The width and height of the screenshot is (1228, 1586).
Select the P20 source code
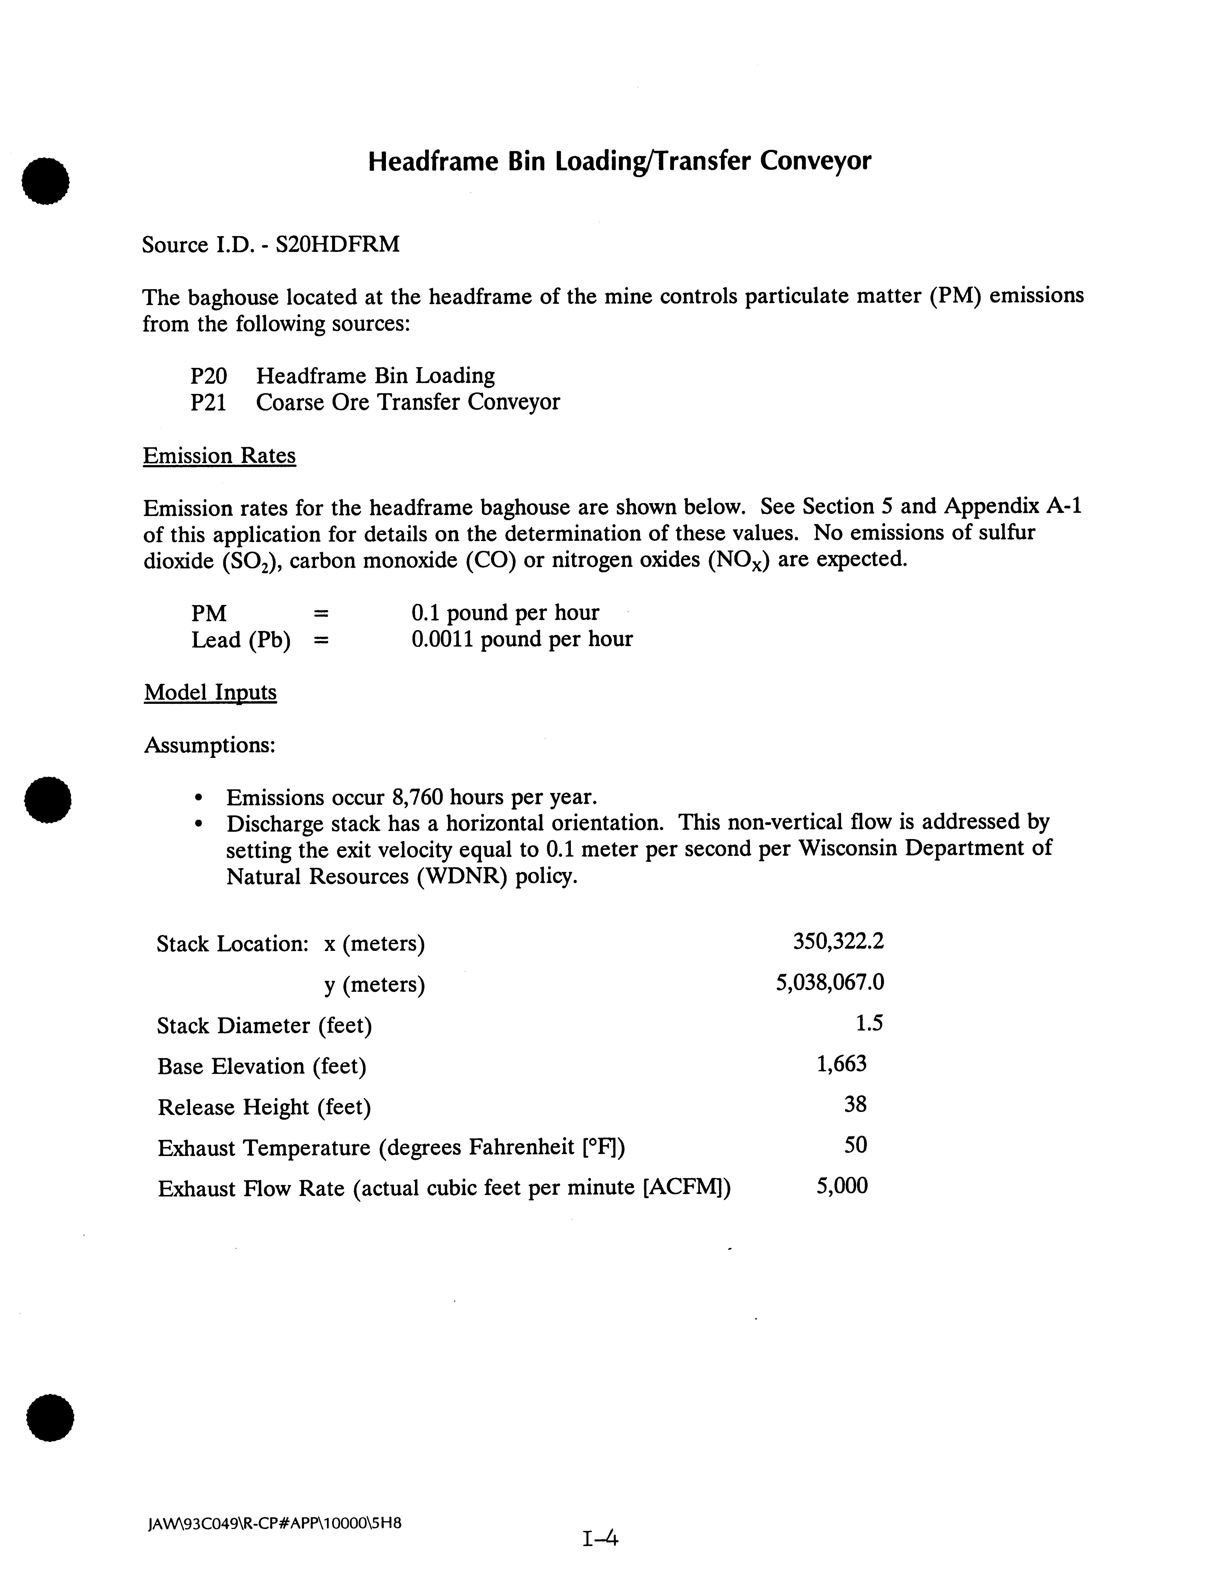208,376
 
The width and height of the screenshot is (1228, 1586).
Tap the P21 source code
208,402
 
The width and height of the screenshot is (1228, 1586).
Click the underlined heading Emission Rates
219,456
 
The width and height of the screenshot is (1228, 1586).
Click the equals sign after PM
320,614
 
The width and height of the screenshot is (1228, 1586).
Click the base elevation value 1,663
842,1065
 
